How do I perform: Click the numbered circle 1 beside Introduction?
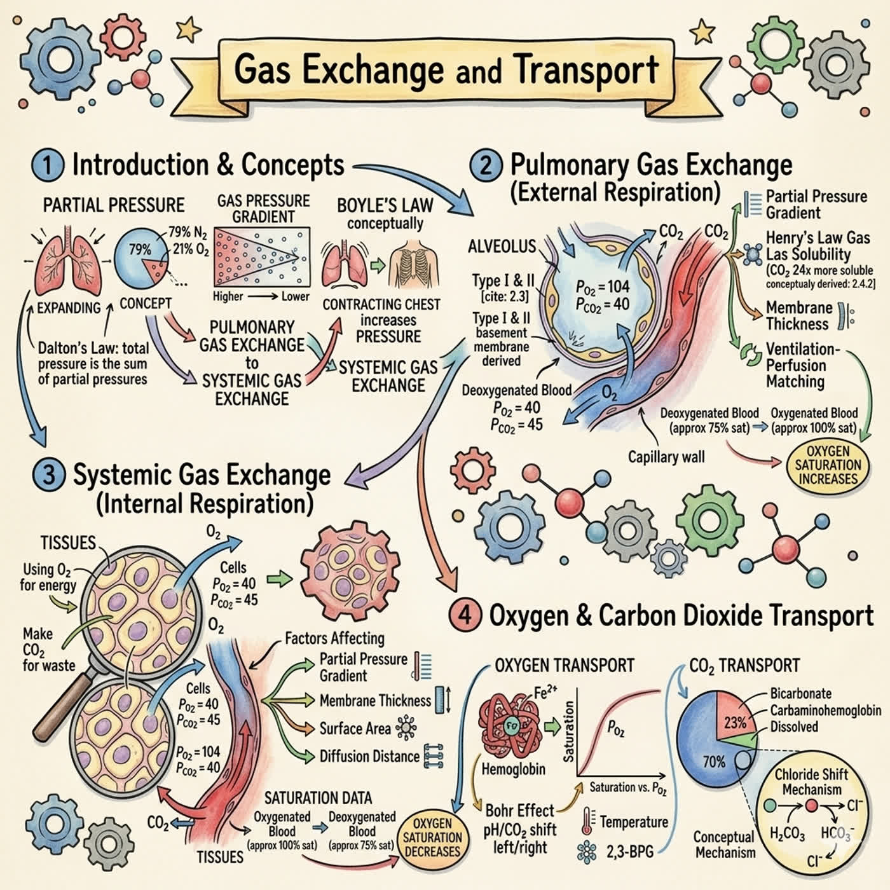click(48, 166)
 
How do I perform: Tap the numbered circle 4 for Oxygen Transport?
click(465, 615)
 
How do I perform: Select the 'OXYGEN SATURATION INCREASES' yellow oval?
click(827, 465)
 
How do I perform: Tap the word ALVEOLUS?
click(502, 246)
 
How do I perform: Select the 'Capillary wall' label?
click(666, 457)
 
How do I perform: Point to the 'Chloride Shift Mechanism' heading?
click(811, 781)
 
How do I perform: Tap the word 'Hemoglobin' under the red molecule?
click(513, 769)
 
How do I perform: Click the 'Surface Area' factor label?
click(355, 729)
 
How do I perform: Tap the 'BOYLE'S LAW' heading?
click(385, 205)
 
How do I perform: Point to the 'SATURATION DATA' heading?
click(318, 798)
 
